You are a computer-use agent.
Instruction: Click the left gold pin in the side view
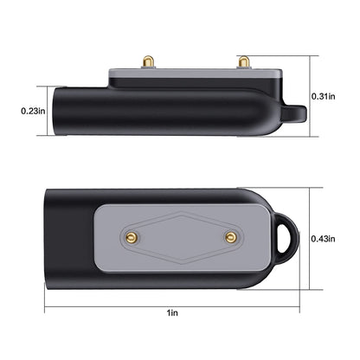148,62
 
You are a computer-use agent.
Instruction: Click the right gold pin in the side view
244,62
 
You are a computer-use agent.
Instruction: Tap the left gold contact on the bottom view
131,237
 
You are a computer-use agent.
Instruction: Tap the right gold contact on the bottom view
230,237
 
